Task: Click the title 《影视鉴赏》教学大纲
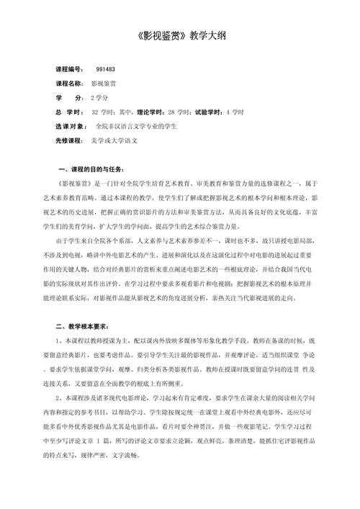point(180,35)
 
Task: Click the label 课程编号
point(69,69)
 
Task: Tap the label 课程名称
point(69,84)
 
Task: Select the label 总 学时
point(69,113)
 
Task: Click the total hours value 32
point(94,113)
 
